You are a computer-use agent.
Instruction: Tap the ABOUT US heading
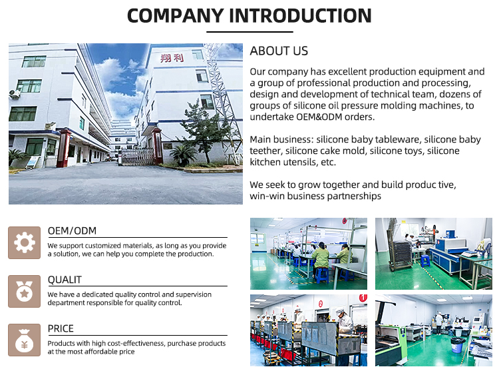pos(279,51)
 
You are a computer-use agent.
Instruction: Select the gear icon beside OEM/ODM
pos(25,243)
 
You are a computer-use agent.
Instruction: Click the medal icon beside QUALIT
pos(25,292)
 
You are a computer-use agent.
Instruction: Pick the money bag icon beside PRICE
pos(25,340)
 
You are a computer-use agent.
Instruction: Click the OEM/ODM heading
pos(72,231)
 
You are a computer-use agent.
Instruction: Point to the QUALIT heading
pos(65,280)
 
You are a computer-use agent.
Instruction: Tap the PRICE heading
pos(61,328)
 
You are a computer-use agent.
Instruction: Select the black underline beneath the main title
pos(249,31)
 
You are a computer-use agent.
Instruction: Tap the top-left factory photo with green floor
pos(308,254)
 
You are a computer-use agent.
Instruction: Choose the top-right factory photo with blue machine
pos(433,254)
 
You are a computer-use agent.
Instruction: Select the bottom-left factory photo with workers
pos(308,330)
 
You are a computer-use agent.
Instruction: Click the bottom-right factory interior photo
pos(433,330)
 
